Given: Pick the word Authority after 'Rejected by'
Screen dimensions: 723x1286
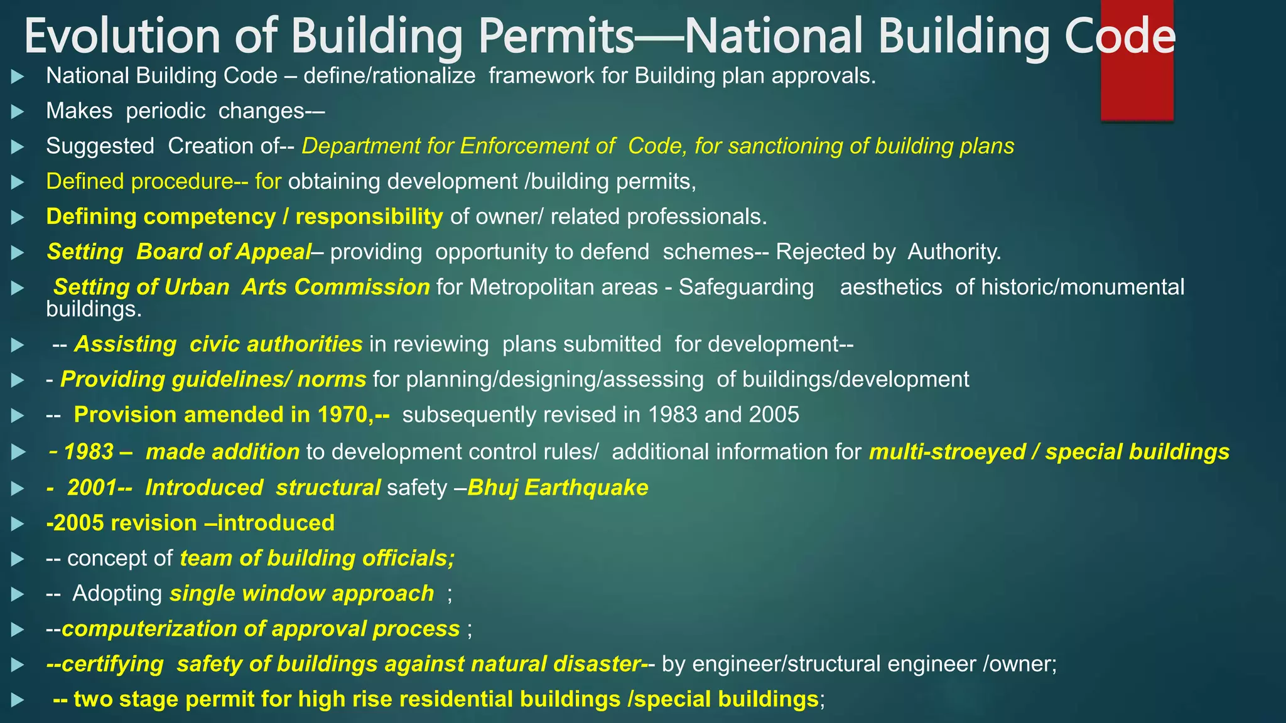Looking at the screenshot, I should pos(954,252).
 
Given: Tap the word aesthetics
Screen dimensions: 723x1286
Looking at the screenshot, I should pos(891,287).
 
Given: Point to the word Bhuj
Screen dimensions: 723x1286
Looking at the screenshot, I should pos(492,488).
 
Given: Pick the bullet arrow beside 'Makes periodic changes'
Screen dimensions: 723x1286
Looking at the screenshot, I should pos(18,112).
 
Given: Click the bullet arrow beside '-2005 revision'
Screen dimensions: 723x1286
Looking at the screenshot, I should pos(18,523).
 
